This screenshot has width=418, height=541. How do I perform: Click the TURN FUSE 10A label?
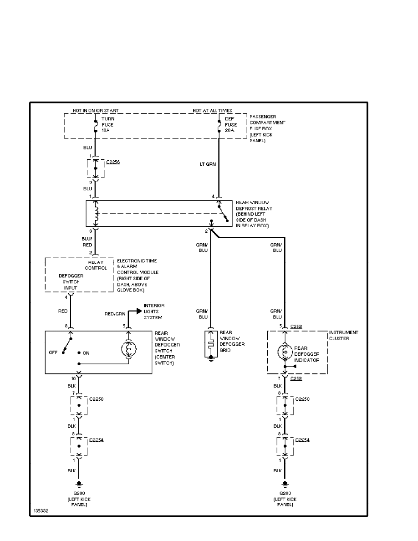click(108, 124)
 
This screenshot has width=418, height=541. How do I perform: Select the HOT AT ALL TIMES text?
click(212, 111)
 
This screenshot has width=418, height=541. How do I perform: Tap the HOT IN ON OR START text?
click(96, 111)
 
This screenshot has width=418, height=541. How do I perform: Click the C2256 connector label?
click(113, 162)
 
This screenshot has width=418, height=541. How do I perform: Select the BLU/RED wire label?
click(87, 241)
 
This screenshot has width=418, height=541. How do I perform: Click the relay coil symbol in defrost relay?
click(96, 213)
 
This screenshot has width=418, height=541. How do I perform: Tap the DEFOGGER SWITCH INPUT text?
click(68, 281)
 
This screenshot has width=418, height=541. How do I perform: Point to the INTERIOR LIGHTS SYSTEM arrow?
click(137, 311)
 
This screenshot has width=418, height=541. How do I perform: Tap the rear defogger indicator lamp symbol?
click(285, 351)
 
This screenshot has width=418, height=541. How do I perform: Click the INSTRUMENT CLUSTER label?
click(343, 336)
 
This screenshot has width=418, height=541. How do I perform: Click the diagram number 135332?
click(40, 511)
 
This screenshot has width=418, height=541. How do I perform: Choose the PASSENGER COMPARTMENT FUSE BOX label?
click(267, 129)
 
